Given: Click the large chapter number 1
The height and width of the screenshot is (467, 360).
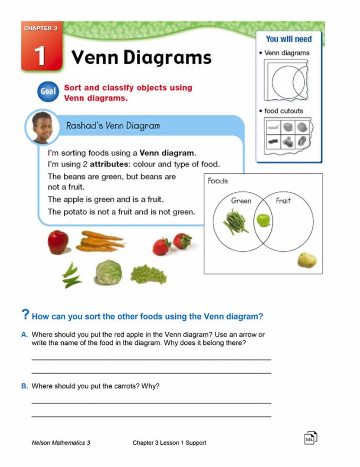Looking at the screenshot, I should [40, 55].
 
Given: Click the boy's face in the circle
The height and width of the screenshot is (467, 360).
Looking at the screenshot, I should [42, 128].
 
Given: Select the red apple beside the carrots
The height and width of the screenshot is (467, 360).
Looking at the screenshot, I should [58, 242].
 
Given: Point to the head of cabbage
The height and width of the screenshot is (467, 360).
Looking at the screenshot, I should [108, 272].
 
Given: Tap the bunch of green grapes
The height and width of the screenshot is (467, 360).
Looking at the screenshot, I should [148, 274].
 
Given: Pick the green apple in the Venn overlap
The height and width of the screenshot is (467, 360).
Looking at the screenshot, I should [263, 220].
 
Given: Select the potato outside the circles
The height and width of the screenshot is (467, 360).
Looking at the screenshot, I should [306, 260].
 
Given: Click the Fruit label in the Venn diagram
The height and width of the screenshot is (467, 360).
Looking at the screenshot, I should [283, 201].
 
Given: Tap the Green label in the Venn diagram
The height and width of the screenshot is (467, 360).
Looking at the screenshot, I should [241, 201].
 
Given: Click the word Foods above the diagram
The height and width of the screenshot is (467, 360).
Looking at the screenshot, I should [218, 181].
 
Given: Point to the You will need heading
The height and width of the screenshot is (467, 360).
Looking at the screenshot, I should [289, 39].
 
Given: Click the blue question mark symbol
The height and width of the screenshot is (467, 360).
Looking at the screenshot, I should [25, 315].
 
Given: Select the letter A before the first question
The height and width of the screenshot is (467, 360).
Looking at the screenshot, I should [24, 335].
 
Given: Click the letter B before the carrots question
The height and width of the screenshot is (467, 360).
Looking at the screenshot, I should [24, 386].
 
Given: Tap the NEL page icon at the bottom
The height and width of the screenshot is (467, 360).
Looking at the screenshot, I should [311, 437].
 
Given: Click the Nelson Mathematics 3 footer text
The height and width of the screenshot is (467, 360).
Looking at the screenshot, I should [61, 443].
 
